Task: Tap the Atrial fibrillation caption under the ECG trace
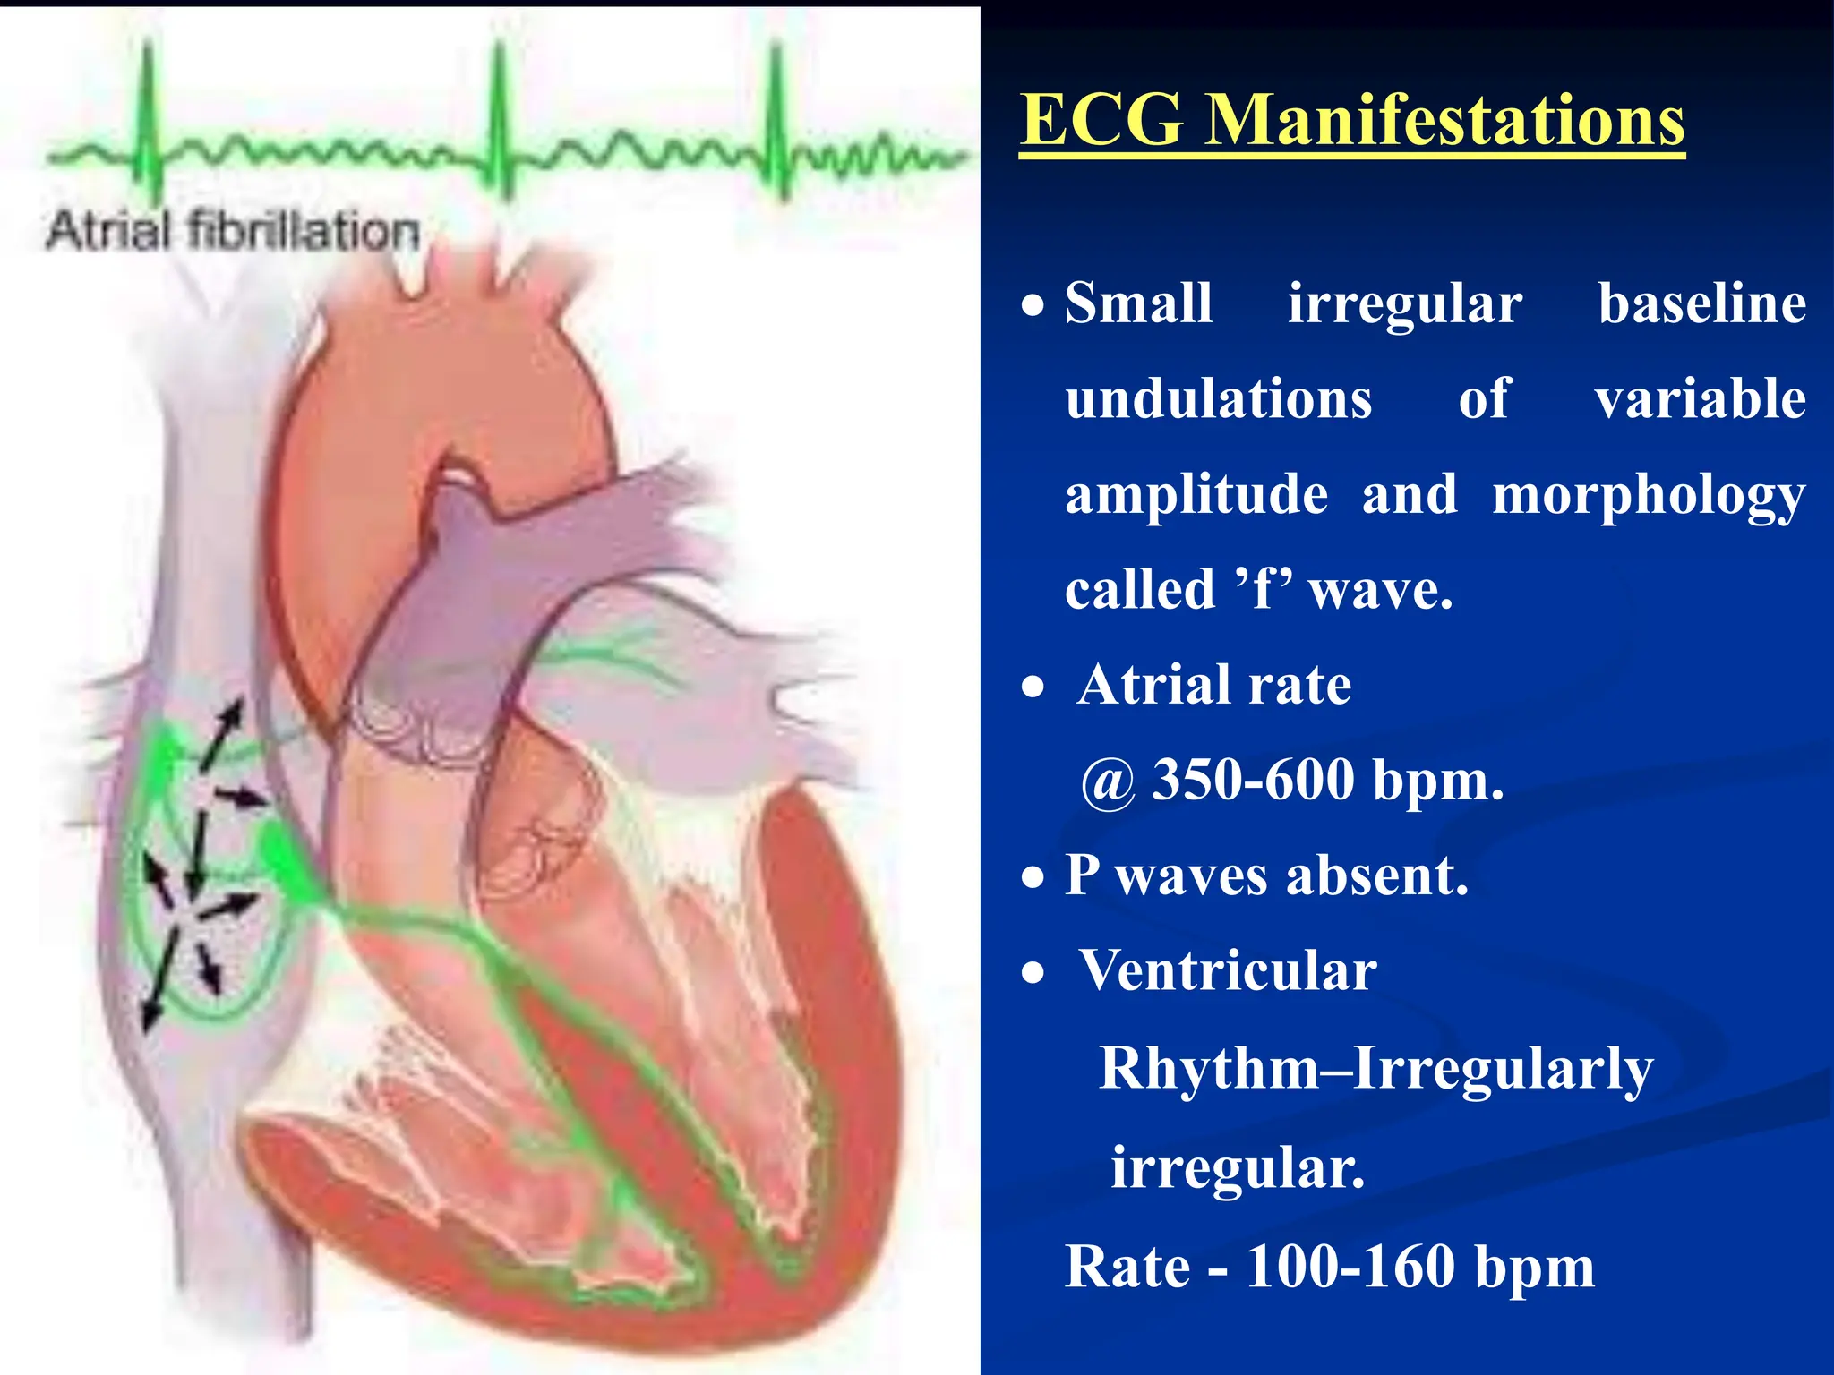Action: pos(233,231)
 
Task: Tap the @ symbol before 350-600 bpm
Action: pos(1109,782)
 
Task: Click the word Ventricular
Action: pos(1229,970)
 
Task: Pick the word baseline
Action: pos(1701,303)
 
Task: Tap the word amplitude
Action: pos(1196,494)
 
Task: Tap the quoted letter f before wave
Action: pos(1264,590)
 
